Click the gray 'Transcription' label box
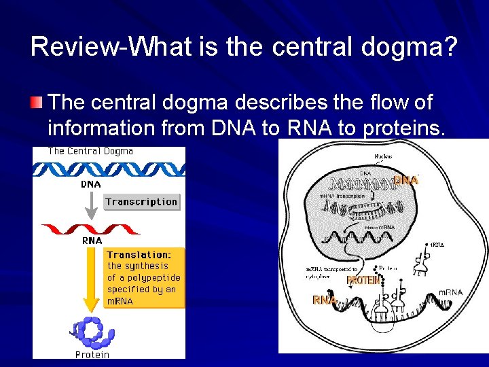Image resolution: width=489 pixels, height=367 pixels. tap(141, 201)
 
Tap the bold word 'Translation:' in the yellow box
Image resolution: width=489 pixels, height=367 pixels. tap(139, 254)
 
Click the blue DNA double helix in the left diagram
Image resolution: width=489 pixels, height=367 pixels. tap(109, 168)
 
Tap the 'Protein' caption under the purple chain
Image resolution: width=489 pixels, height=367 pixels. tap(92, 355)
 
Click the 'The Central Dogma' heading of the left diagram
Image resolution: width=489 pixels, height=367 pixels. tap(90, 151)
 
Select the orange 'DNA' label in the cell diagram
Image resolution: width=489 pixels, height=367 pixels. tap(405, 180)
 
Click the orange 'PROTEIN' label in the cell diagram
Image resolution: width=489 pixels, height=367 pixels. tap(363, 280)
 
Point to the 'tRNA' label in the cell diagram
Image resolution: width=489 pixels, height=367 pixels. tap(438, 243)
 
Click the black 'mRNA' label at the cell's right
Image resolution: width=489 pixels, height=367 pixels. tap(450, 292)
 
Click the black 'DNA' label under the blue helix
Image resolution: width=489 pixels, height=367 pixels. tap(92, 184)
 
